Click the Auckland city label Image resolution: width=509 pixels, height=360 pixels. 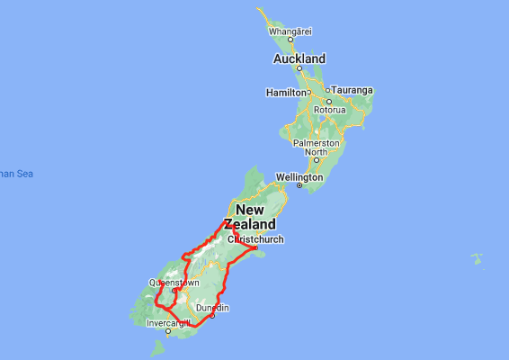[299, 58]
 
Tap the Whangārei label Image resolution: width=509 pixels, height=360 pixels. [290, 31]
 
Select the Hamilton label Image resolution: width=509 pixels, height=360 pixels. [286, 93]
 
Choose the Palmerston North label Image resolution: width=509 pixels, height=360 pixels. [316, 147]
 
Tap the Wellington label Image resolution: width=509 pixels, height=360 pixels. [299, 176]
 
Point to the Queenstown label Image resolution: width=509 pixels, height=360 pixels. [174, 282]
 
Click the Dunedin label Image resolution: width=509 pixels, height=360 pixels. [212, 308]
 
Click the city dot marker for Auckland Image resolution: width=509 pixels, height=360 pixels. [299, 67]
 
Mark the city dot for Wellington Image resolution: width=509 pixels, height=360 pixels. [299, 185]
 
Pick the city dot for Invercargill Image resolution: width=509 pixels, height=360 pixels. [167, 331]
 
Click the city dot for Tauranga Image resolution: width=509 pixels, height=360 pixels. [330, 90]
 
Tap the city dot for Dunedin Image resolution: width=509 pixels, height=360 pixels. [212, 316]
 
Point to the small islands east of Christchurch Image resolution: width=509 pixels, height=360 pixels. [477, 259]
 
